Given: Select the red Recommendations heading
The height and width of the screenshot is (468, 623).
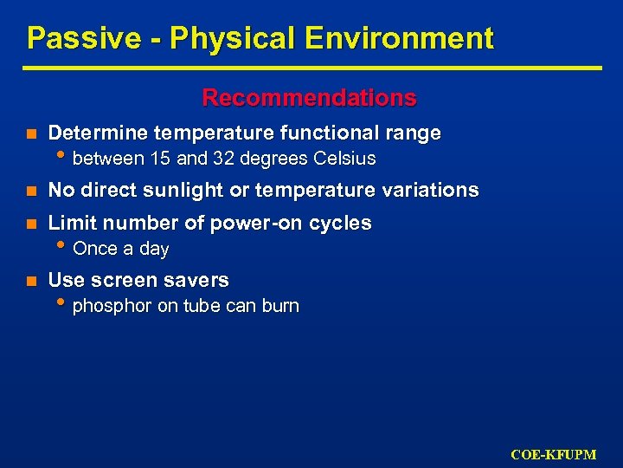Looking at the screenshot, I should (309, 98).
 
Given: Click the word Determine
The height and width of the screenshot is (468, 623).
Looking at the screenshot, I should (97, 133).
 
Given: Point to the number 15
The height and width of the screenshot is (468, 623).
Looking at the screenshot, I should (160, 159).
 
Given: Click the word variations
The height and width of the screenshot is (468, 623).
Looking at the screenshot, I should (429, 191).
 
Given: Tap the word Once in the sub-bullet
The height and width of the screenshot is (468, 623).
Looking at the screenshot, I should (94, 250).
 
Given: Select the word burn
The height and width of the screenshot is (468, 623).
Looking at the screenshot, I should (280, 306).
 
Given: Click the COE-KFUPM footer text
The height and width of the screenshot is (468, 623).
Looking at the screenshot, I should (553, 454).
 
